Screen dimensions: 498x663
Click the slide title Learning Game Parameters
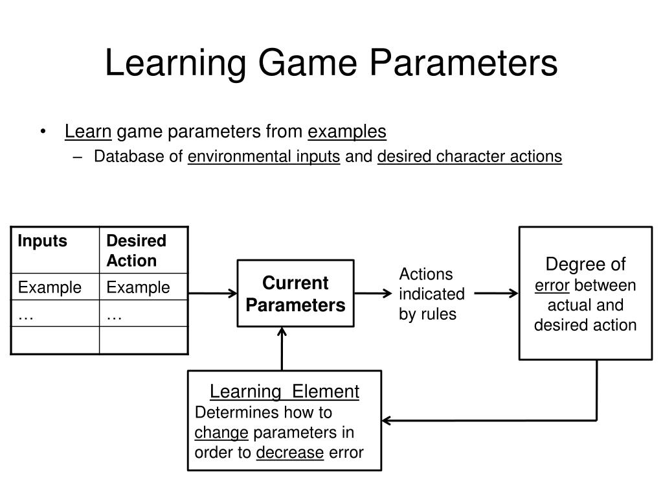pyautogui.click(x=331, y=64)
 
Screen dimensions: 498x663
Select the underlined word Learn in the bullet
pyautogui.click(x=88, y=132)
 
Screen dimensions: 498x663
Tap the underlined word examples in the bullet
pyautogui.click(x=347, y=132)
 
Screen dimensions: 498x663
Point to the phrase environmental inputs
pyautogui.click(x=264, y=156)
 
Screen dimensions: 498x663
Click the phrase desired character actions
pyautogui.click(x=469, y=156)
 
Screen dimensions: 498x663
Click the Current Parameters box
pyautogui.click(x=296, y=294)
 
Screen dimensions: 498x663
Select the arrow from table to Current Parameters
pyautogui.click(x=213, y=293)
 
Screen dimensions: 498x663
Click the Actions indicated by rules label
pyautogui.click(x=432, y=294)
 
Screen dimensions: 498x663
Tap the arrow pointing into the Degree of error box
pyautogui.click(x=497, y=293)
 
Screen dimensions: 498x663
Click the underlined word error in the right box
pyautogui.click(x=552, y=285)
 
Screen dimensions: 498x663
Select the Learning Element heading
pyautogui.click(x=284, y=392)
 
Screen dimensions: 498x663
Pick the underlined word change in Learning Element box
pyautogui.click(x=221, y=433)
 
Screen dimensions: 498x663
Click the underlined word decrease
pyautogui.click(x=289, y=453)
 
